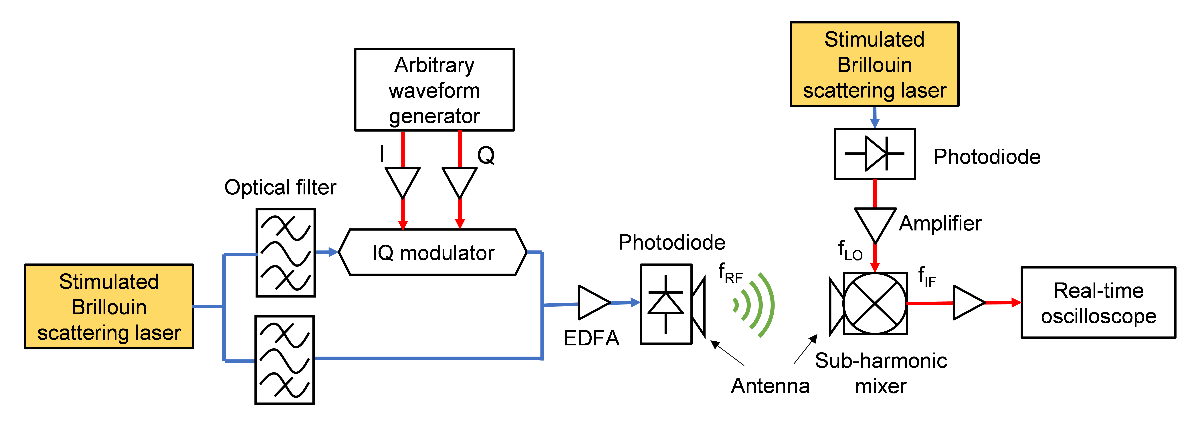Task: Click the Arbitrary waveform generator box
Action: pos(434,90)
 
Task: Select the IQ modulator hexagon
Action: pos(433,252)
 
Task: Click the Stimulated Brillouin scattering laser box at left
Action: pos(109,307)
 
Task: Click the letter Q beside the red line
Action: pos(486,155)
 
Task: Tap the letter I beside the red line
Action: pos(382,153)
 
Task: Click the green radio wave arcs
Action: pos(755,305)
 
